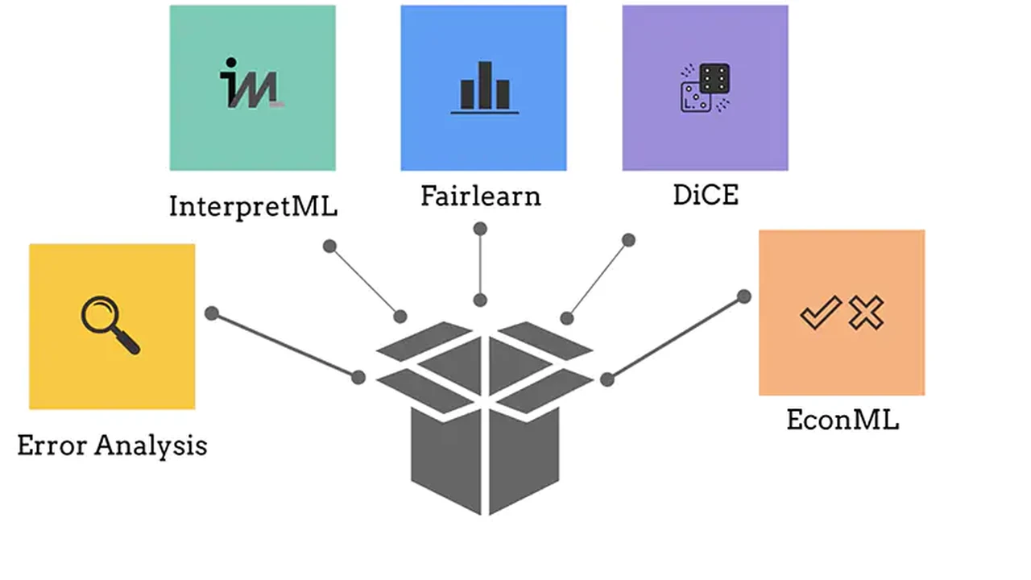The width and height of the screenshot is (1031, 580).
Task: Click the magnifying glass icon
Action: coord(110,325)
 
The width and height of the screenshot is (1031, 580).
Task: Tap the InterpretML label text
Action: coord(253,206)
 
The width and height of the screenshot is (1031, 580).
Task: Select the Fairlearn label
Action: coord(481,196)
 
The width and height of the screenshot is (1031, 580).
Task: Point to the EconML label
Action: coord(842,420)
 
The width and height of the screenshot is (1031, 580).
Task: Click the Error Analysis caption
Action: coord(112,445)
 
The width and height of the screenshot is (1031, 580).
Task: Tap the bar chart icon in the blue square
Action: coord(484,87)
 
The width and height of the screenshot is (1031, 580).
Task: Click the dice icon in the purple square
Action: coord(705,88)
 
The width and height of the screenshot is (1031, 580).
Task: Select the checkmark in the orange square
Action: coord(820,313)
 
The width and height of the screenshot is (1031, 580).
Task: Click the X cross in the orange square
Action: coord(866,313)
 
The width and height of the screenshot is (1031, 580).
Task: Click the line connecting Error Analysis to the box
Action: coord(285,346)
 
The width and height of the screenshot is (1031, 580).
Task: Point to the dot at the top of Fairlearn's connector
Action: coord(480,230)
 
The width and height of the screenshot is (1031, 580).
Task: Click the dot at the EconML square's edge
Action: coord(744,296)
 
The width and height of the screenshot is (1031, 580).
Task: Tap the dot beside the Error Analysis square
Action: coord(212,313)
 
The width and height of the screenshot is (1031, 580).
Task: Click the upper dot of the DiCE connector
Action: coord(629,240)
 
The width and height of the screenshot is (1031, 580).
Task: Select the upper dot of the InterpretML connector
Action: coord(329,246)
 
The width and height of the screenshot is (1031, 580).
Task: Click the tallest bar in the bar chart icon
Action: coord(484,85)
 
